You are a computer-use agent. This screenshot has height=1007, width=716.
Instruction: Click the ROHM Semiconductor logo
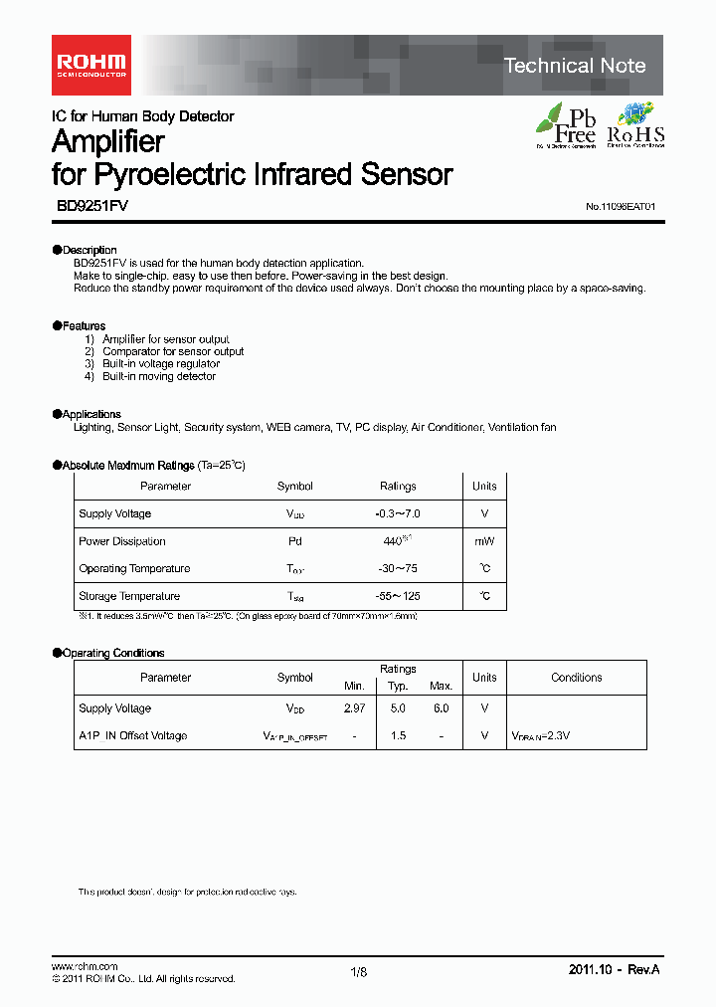pos(90,65)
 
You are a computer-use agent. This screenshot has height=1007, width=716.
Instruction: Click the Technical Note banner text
pos(575,66)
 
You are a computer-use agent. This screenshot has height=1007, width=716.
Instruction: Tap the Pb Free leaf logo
pos(566,125)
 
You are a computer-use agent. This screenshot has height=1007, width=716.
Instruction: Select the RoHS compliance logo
pos(635,125)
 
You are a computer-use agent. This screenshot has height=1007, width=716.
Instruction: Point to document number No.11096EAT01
pos(621,207)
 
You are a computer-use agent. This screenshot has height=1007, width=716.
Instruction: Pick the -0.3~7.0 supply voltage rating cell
pos(398,514)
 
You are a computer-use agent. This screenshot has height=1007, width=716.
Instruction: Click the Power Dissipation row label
pos(122,541)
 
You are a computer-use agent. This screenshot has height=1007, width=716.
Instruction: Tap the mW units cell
pos(484,541)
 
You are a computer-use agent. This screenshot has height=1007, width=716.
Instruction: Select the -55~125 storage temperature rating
pos(398,596)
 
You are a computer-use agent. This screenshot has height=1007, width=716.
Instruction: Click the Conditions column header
pos(577,678)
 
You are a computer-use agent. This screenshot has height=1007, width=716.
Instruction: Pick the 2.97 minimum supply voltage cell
pos(355,708)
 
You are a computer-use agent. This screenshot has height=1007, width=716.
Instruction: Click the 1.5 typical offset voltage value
pos(398,736)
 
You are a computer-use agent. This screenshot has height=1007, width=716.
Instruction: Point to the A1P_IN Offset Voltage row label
pos(132,736)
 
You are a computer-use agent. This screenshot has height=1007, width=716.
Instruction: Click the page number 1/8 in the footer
pos(359,972)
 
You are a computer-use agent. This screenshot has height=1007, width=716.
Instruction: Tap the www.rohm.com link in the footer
pos(85,967)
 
